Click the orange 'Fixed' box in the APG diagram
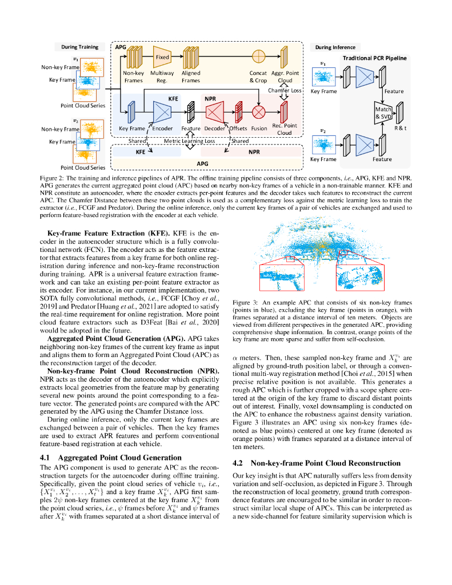(162, 57)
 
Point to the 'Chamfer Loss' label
(284, 90)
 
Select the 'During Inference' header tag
(335, 47)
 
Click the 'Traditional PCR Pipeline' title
(374, 58)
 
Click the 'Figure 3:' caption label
(246, 302)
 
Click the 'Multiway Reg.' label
(162, 77)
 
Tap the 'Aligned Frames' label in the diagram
(191, 77)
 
